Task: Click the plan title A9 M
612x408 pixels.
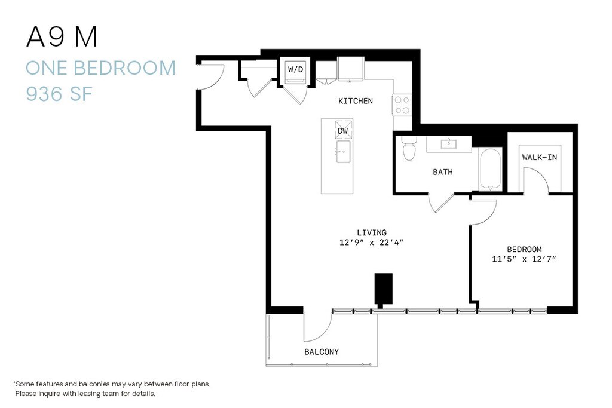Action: [x=62, y=38]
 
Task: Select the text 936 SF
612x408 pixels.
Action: [x=59, y=94]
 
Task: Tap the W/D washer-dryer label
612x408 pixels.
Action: [x=295, y=69]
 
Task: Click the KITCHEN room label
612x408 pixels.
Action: [x=355, y=101]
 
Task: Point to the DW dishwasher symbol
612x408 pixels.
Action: [x=343, y=130]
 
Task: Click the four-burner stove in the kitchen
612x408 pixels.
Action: [x=402, y=105]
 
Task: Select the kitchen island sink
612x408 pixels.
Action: [x=343, y=152]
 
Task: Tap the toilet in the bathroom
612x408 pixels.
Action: [x=409, y=148]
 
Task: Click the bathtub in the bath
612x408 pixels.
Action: [x=491, y=169]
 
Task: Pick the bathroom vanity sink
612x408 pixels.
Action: [x=449, y=143]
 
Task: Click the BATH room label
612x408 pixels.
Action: [x=443, y=172]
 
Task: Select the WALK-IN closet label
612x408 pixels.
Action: [x=540, y=158]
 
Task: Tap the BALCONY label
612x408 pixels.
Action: [x=322, y=352]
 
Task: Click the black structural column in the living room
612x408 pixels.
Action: [x=383, y=289]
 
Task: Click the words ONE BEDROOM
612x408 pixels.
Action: [x=100, y=68]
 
